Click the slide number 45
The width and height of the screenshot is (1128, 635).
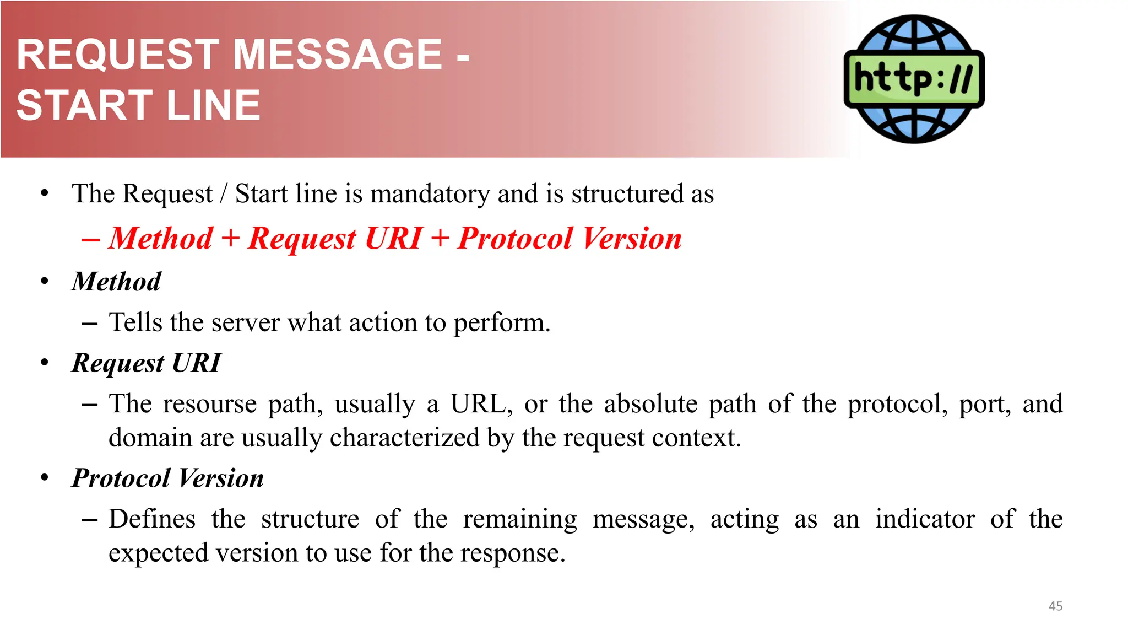pyautogui.click(x=1055, y=606)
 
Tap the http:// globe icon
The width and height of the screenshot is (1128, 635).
pyautogui.click(x=914, y=79)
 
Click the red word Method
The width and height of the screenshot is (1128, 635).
pyautogui.click(x=161, y=239)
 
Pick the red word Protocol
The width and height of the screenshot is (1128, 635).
pyautogui.click(x=515, y=239)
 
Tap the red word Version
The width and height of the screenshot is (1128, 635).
pyautogui.click(x=632, y=239)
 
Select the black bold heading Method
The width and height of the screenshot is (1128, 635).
pyautogui.click(x=116, y=282)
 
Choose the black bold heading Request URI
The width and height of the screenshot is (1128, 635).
pyautogui.click(x=147, y=363)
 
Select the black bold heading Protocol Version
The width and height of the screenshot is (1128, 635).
pyautogui.click(x=168, y=478)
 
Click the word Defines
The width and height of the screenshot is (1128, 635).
pyautogui.click(x=152, y=519)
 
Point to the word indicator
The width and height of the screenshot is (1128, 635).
pyautogui.click(x=925, y=519)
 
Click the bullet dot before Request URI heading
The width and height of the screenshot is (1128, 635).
pyautogui.click(x=45, y=363)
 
